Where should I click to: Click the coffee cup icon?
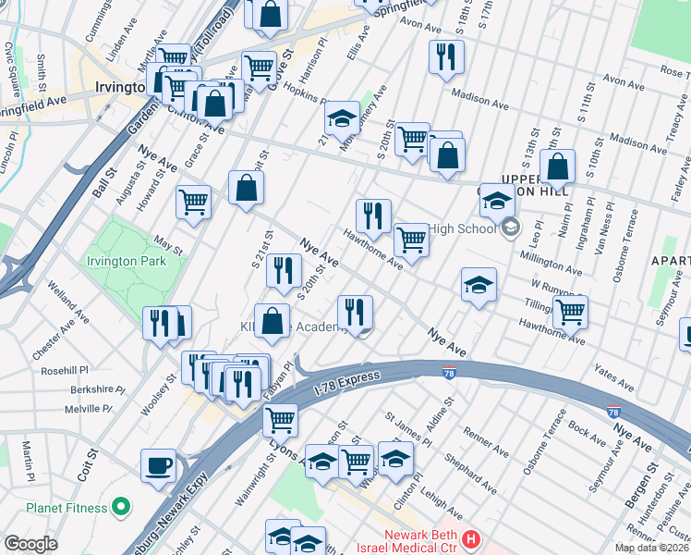pos(158,465)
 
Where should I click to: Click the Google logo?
pos(30,544)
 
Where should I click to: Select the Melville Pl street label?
pos(88,409)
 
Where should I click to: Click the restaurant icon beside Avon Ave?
pos(446,56)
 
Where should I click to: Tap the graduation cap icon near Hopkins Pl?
pos(342,117)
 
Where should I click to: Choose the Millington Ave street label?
pos(551,262)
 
